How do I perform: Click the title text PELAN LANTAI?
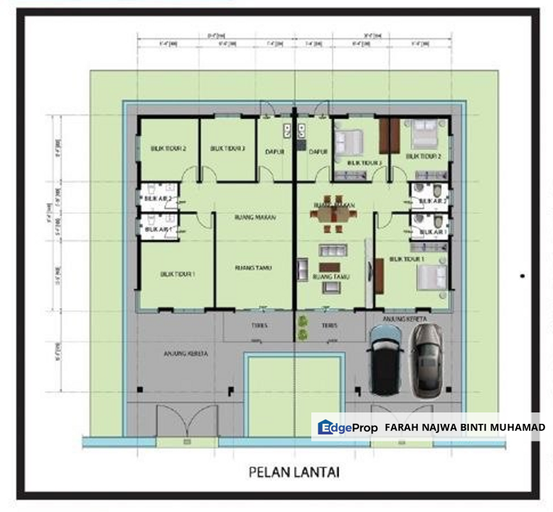tap(294, 471)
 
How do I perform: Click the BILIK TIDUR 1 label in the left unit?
tap(178, 273)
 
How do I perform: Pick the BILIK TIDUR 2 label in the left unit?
tap(168, 149)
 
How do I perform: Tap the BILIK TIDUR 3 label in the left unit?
tap(227, 149)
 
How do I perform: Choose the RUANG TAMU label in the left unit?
tap(254, 268)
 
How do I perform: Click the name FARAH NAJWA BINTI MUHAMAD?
tap(465, 427)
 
